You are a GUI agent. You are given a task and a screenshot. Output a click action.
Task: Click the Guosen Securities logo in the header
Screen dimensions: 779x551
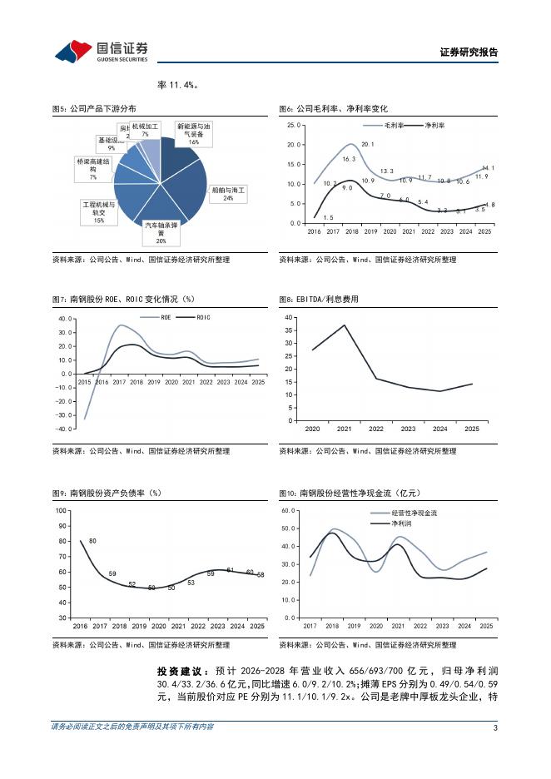click(x=102, y=52)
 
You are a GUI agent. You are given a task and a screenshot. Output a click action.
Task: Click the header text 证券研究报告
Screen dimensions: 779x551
click(x=468, y=52)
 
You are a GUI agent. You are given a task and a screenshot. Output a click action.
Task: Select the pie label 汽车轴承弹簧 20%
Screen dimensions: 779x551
click(x=161, y=232)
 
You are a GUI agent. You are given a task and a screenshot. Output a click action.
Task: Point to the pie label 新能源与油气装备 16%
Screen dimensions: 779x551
click(x=193, y=133)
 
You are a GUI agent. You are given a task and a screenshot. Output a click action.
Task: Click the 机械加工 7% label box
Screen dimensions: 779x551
click(x=144, y=130)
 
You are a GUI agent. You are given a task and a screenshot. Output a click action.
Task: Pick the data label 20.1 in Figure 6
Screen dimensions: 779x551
click(x=367, y=144)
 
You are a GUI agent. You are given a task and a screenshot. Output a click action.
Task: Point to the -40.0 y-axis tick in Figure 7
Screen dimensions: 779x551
click(x=63, y=429)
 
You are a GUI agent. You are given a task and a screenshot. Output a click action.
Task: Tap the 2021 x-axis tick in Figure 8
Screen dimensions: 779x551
click(x=345, y=429)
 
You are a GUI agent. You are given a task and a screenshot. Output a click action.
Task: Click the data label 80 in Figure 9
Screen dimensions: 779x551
click(x=92, y=541)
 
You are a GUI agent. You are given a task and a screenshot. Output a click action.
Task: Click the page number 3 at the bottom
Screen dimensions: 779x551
click(x=495, y=728)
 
